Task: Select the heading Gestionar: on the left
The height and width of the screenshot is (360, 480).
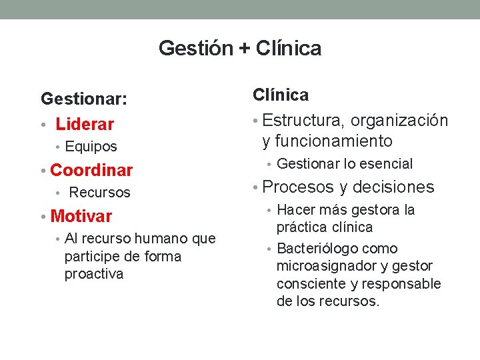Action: coord(84,99)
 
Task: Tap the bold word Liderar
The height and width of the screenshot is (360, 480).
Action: coord(85,125)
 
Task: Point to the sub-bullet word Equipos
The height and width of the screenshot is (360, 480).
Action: coord(91,147)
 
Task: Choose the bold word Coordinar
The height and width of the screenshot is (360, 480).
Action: coord(91,171)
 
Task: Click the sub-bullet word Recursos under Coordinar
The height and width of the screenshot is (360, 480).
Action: coord(100,193)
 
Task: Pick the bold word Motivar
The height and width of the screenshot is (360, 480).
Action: coord(81,216)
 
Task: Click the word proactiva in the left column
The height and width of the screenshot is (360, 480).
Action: coord(94,274)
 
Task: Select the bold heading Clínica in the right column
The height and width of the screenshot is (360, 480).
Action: coord(281,95)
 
